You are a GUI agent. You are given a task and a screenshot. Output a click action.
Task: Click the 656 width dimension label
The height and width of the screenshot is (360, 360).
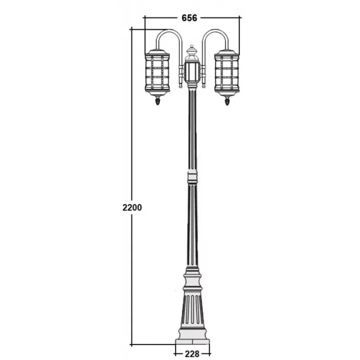[189, 18]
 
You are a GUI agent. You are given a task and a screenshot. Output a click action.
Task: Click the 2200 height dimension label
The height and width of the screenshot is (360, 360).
[132, 207]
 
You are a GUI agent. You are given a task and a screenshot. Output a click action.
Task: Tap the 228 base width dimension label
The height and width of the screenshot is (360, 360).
[192, 354]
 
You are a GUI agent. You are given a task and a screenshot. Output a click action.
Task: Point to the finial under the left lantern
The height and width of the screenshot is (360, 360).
[157, 100]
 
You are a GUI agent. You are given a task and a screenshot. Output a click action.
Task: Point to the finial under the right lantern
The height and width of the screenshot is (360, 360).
[227, 100]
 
